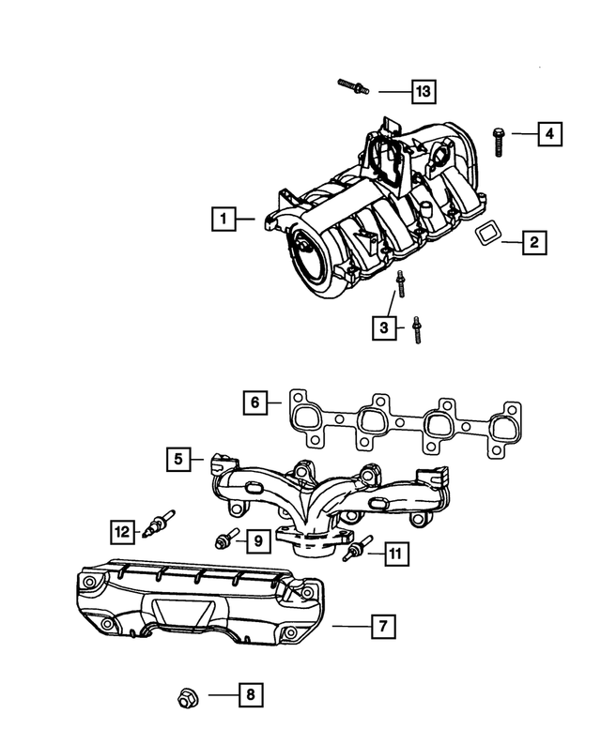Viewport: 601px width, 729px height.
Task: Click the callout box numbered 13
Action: [x=424, y=91]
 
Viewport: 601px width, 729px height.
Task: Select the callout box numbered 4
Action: [x=550, y=135]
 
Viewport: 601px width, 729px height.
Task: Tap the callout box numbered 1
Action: [x=223, y=220]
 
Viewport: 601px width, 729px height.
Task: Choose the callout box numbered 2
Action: [x=532, y=243]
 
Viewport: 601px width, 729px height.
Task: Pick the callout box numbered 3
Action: [x=383, y=327]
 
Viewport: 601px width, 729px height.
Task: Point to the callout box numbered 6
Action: [x=254, y=403]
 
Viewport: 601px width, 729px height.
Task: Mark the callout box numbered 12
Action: [x=121, y=531]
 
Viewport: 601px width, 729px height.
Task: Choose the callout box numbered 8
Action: [x=250, y=695]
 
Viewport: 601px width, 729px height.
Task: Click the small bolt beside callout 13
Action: [x=352, y=87]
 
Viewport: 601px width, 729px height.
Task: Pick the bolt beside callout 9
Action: [x=224, y=539]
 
